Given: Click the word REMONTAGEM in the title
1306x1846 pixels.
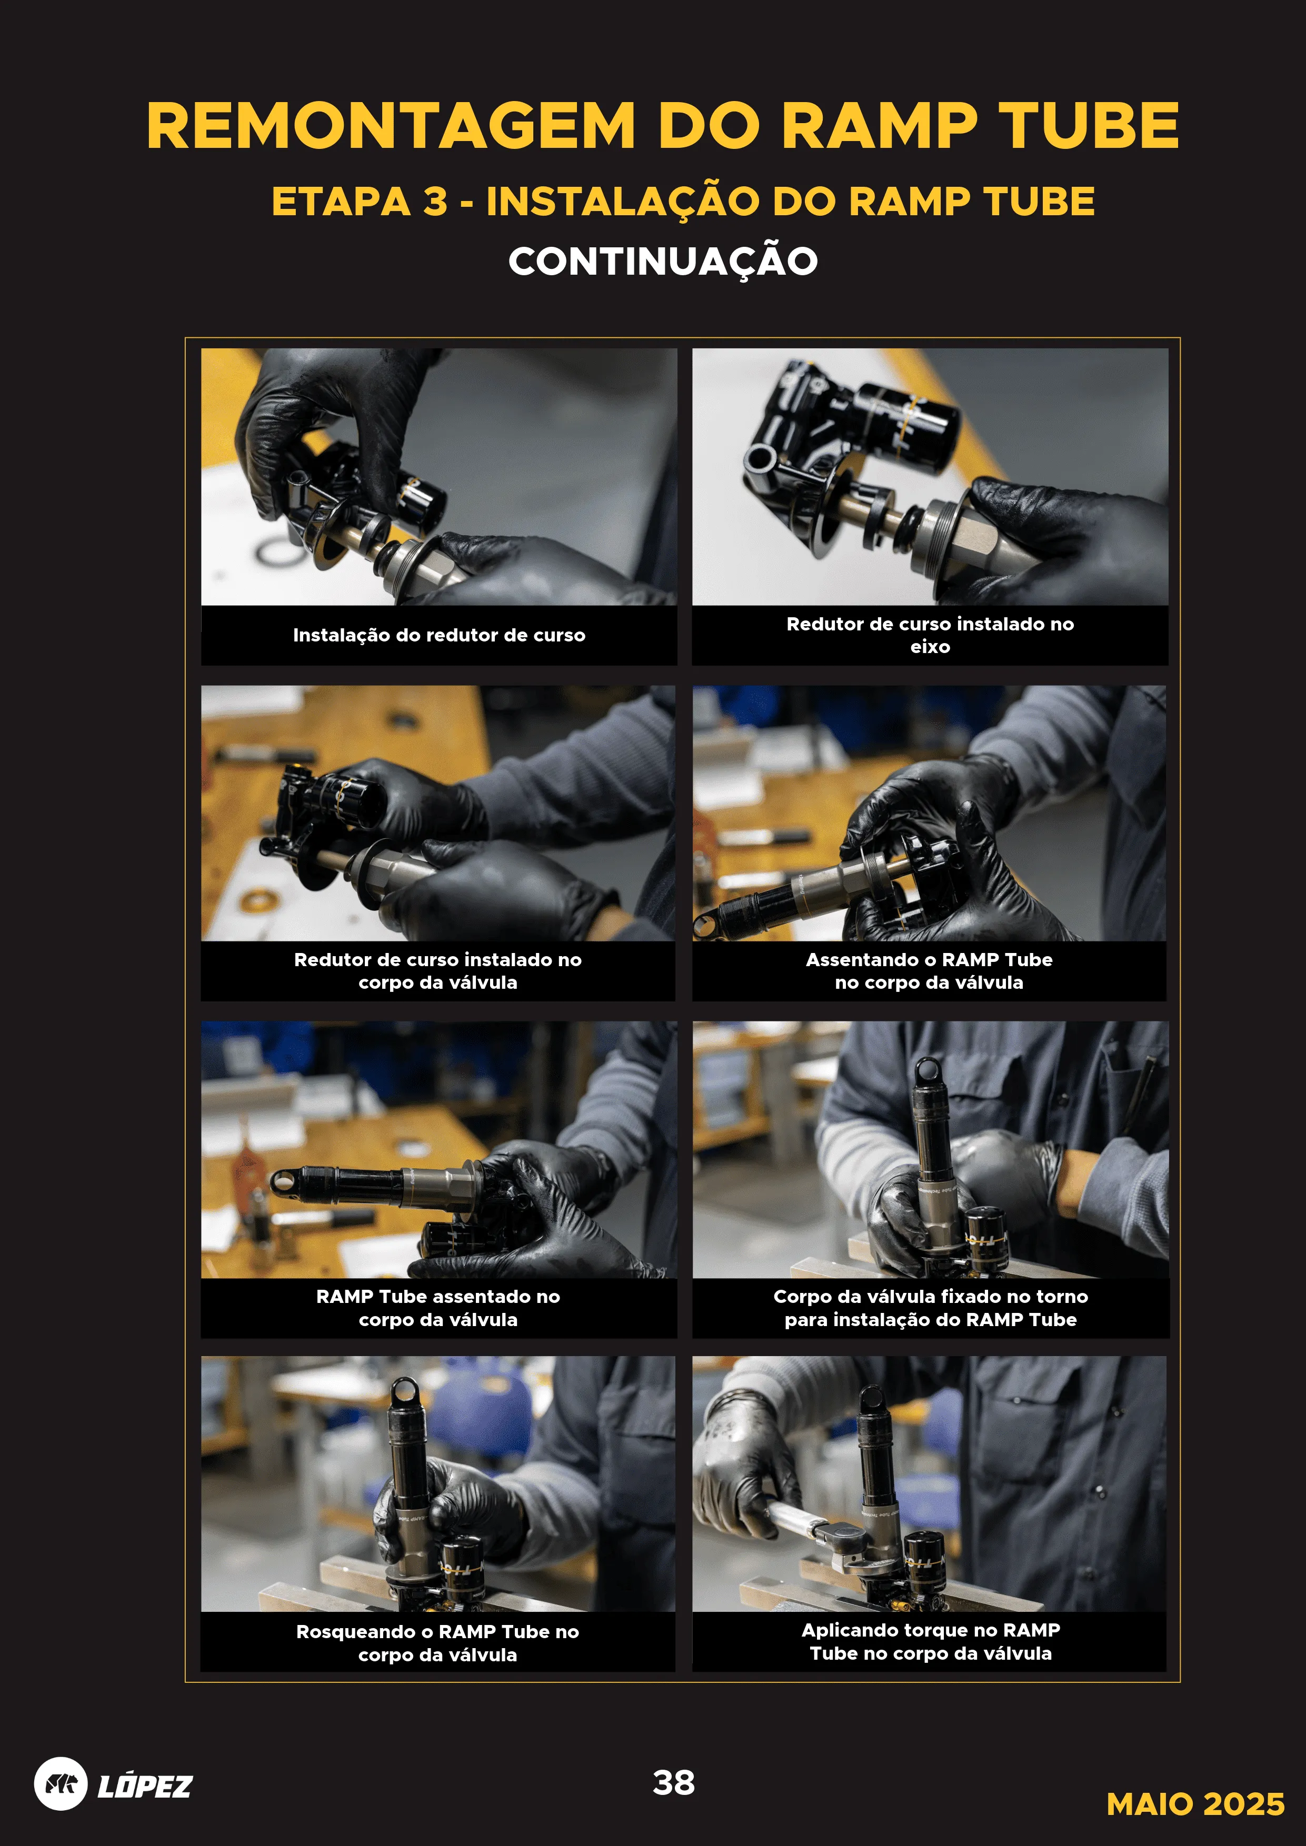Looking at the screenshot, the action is tap(391, 126).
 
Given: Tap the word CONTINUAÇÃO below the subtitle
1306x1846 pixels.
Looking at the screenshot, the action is tap(663, 262).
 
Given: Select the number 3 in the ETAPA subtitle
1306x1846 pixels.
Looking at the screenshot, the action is tap(435, 201).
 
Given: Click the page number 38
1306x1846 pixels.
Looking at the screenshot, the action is tap(674, 1782).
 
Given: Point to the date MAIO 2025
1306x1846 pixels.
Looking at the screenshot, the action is tap(1195, 1804).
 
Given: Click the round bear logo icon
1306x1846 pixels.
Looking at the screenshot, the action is tap(61, 1784).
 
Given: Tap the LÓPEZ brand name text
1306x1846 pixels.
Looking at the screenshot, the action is tap(145, 1785).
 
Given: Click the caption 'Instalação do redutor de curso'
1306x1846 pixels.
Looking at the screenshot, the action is tap(439, 635).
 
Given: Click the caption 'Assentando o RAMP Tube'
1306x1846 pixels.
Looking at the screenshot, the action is tap(929, 959).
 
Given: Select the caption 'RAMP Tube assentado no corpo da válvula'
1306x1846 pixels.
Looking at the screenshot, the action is tap(438, 1308).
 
